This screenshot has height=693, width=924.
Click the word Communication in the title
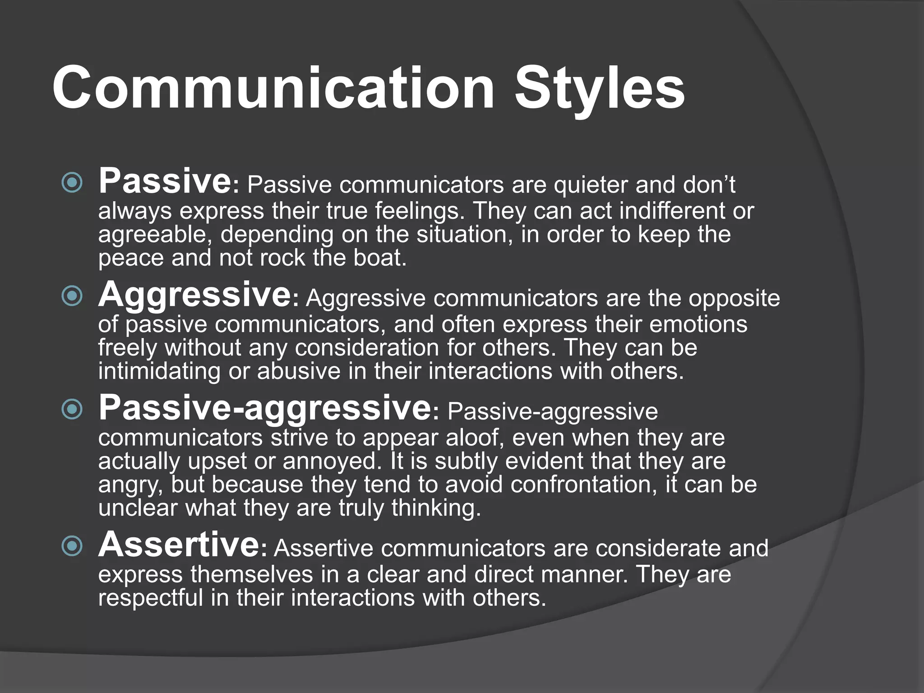(273, 88)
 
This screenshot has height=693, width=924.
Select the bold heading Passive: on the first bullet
(165, 181)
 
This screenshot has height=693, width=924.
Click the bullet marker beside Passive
(72, 183)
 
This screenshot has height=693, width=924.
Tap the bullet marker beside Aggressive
(72, 296)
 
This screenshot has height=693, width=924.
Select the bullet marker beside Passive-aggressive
(72, 410)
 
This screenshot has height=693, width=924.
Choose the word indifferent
(672, 211)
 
